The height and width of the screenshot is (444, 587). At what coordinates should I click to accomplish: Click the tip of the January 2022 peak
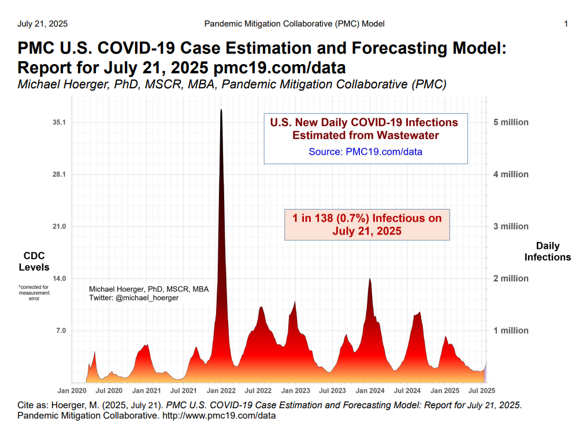(221, 109)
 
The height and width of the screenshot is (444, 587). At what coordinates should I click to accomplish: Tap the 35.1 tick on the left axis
(59, 122)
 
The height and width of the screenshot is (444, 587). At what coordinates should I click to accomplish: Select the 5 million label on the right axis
(511, 122)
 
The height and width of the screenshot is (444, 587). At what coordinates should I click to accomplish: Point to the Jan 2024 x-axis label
(370, 390)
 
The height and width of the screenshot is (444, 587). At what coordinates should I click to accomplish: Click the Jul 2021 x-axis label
(184, 390)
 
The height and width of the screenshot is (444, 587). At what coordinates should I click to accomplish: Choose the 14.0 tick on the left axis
(59, 278)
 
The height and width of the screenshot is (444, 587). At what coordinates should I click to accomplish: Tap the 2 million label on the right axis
(511, 278)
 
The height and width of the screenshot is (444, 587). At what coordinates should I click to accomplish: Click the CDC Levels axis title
(34, 262)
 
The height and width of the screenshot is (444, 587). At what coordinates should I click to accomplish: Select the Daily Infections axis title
(548, 251)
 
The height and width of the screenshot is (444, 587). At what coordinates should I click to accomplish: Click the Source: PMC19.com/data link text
(365, 151)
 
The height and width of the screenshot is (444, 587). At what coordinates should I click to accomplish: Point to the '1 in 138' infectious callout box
(367, 225)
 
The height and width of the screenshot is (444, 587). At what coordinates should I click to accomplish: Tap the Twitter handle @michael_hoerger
(147, 298)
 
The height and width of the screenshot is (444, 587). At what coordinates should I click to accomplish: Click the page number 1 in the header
(566, 24)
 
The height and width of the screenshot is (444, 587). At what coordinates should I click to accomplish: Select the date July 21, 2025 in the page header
(42, 24)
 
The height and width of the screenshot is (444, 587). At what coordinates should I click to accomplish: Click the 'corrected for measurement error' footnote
(34, 293)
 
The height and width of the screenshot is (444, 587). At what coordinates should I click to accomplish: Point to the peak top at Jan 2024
(370, 278)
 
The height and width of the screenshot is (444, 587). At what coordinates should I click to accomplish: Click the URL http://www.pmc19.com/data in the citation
(219, 416)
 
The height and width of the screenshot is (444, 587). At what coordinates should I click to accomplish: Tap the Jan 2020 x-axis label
(72, 390)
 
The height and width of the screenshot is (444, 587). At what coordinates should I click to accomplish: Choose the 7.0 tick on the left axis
(61, 330)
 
